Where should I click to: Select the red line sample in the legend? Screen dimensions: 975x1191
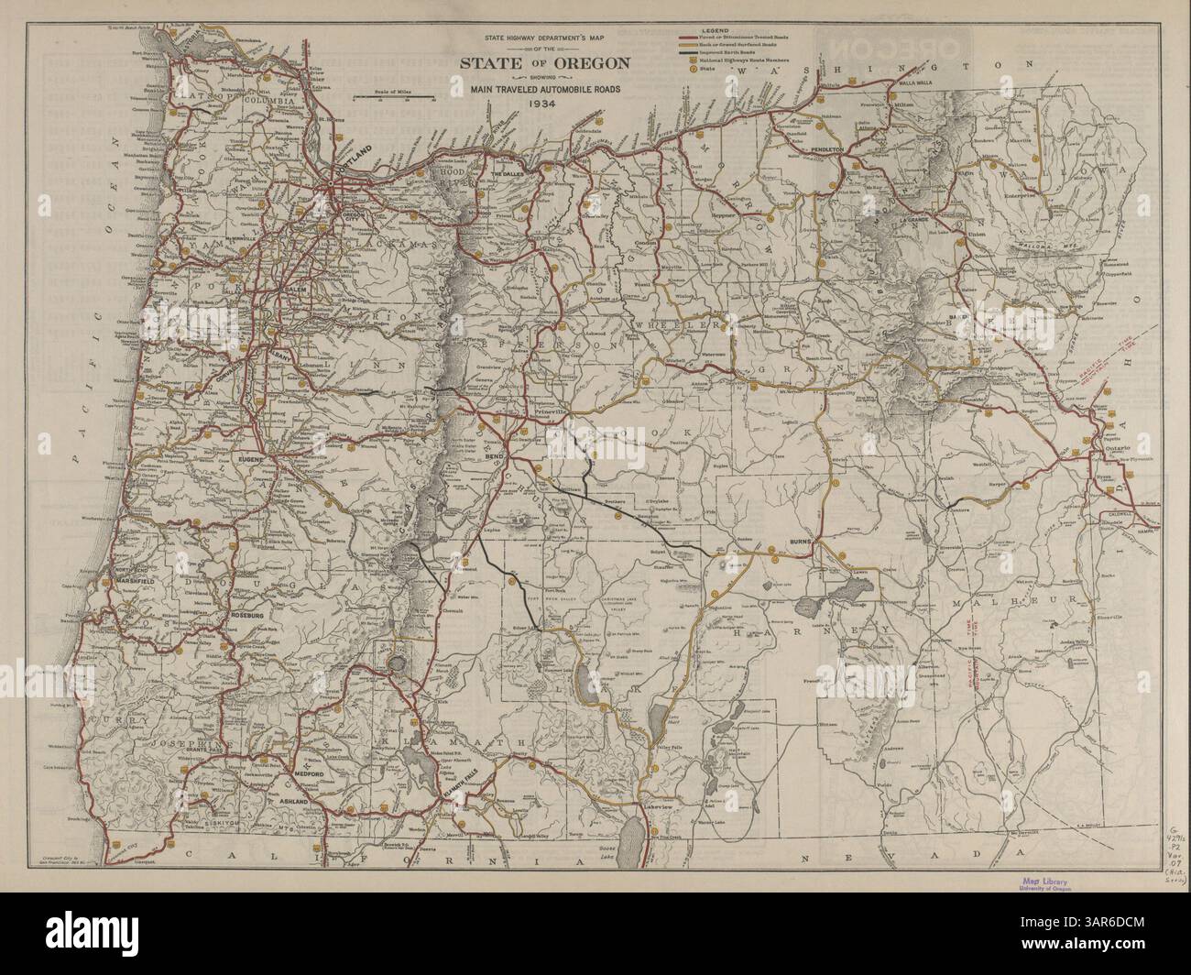click(689, 38)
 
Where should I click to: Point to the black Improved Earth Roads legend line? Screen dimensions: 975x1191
click(689, 53)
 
